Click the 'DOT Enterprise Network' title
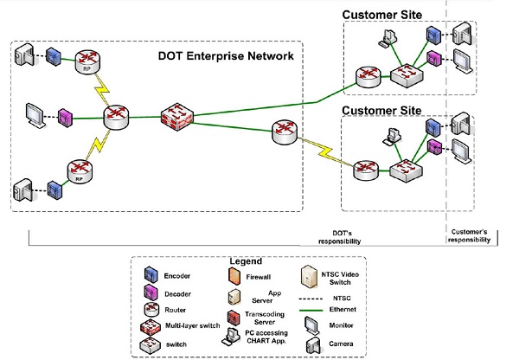(x=227, y=56)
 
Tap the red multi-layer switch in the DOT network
(x=178, y=117)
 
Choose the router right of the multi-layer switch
(x=284, y=132)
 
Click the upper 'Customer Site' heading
(x=381, y=15)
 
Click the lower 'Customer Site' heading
(x=381, y=111)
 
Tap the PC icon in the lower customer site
(x=394, y=138)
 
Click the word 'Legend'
(x=247, y=260)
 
